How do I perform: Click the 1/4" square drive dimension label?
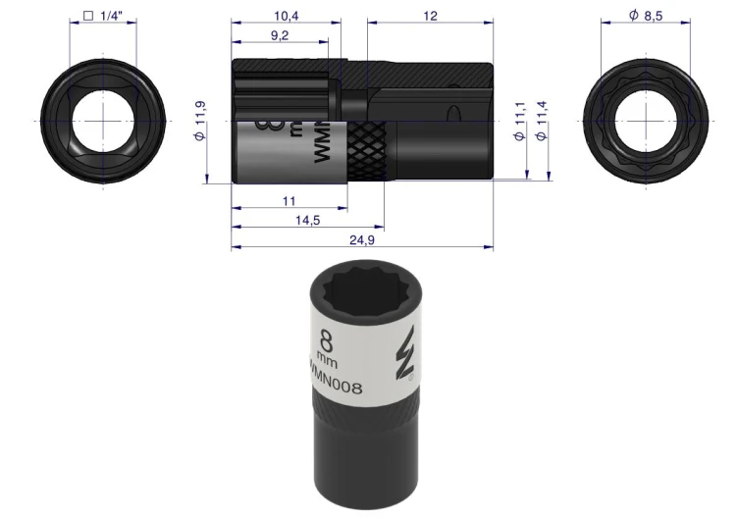[102, 16]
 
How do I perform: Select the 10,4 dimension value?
[287, 16]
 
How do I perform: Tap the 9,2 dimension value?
[280, 35]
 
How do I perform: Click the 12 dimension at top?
[430, 16]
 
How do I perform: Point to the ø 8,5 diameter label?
[646, 16]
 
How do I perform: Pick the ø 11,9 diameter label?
[199, 121]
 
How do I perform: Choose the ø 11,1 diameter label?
[519, 121]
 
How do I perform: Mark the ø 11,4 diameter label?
[541, 121]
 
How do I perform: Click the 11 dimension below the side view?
[289, 201]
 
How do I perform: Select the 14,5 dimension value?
[308, 220]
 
